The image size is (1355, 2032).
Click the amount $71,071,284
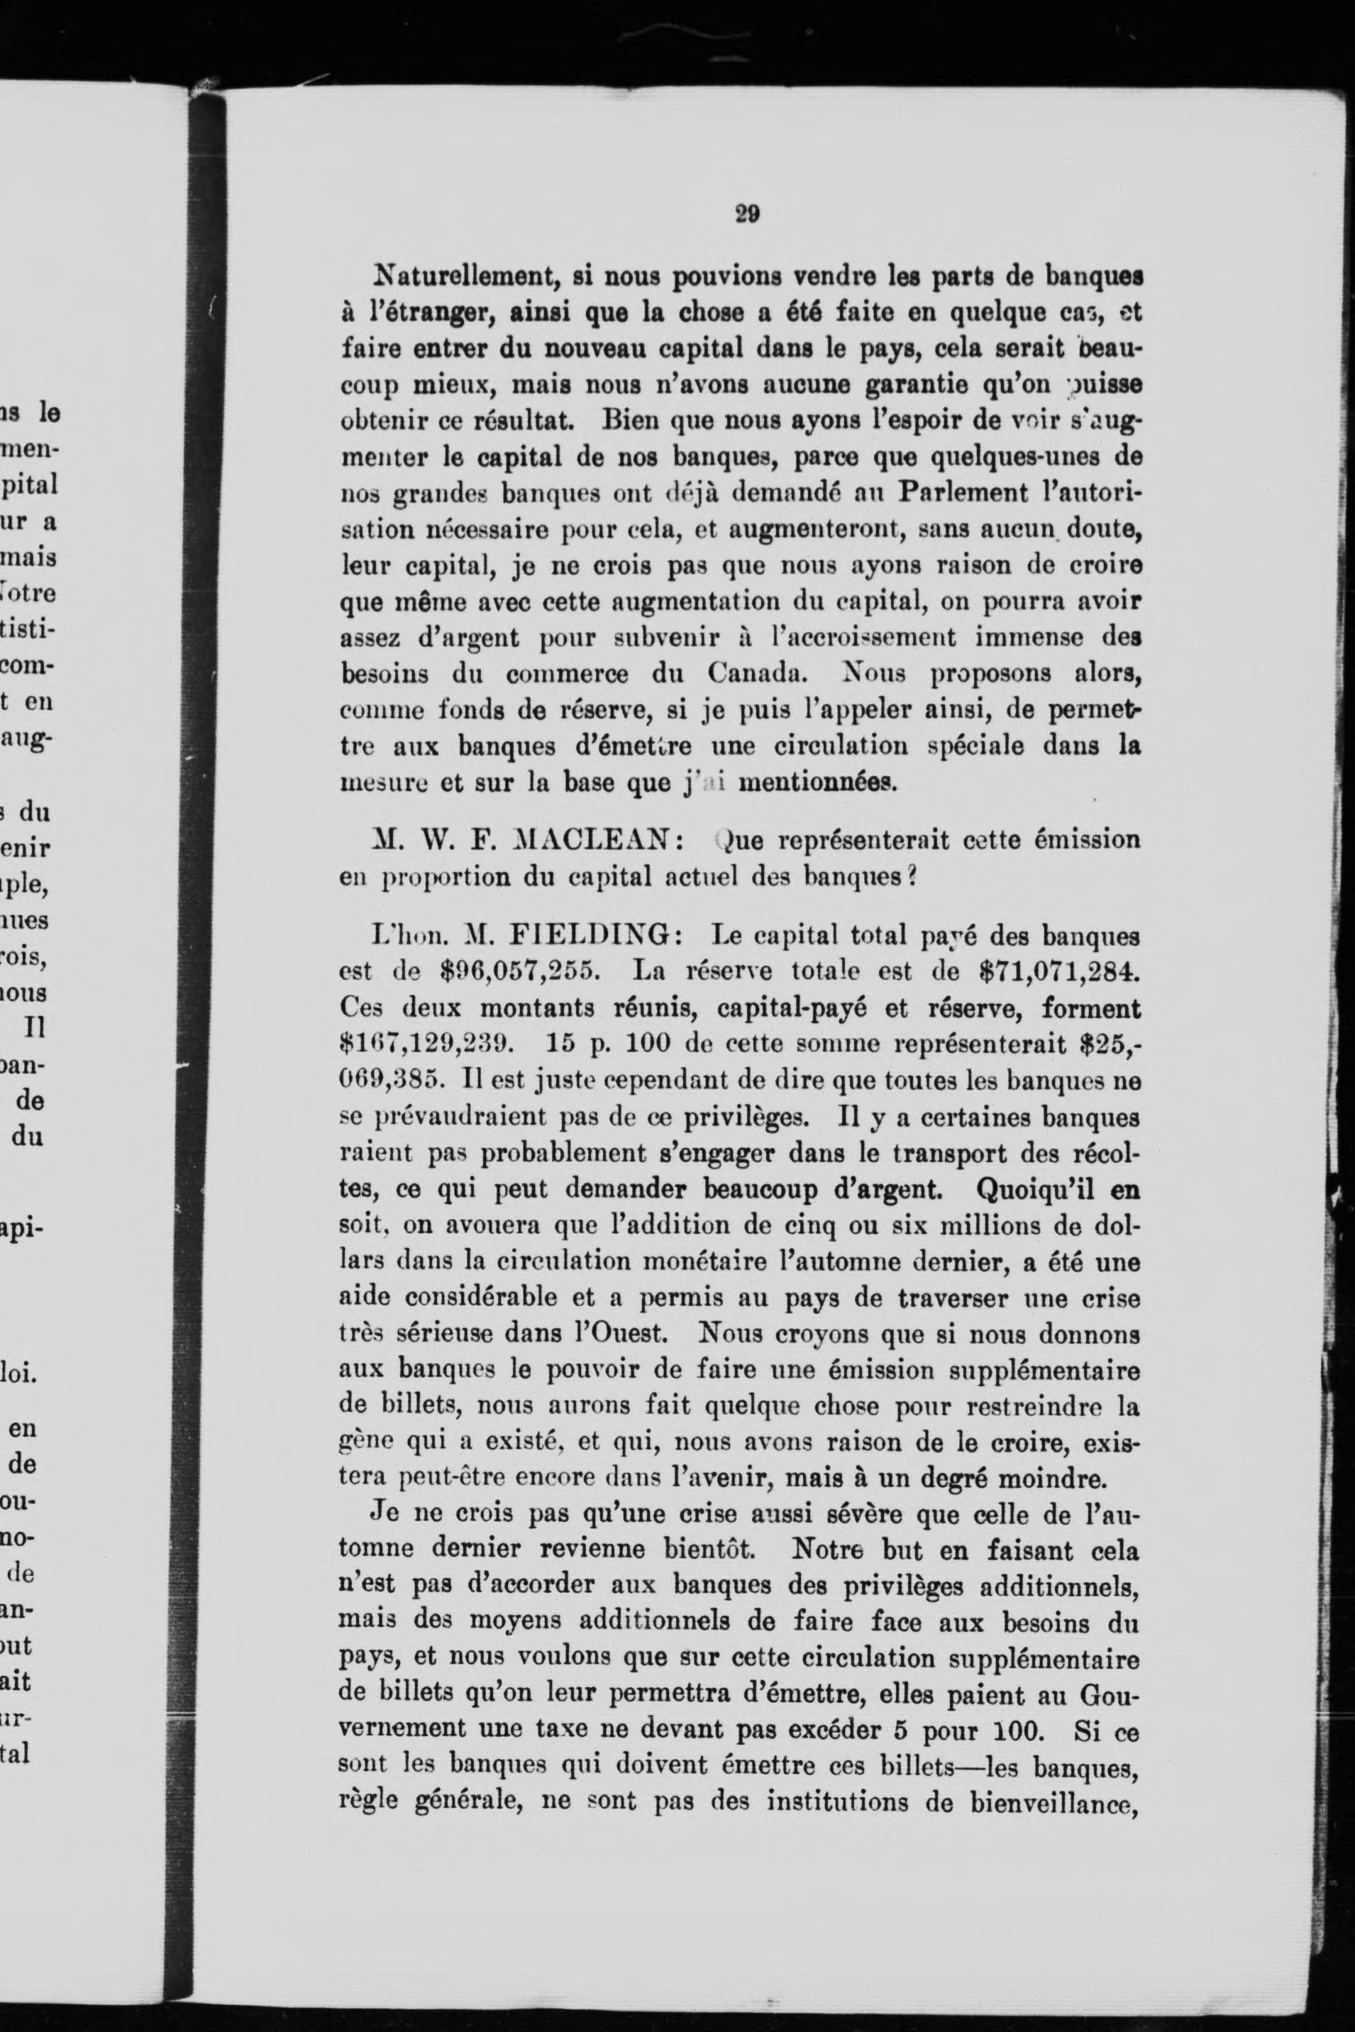(1058, 971)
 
